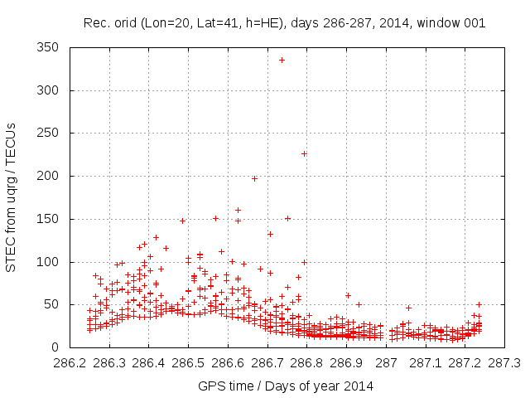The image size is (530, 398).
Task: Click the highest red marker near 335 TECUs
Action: tap(282, 60)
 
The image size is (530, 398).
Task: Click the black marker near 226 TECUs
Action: tap(304, 153)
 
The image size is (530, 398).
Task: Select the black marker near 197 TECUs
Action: tap(254, 178)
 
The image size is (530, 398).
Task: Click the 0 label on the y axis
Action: tap(59, 347)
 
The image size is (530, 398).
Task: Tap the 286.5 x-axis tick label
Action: tap(188, 363)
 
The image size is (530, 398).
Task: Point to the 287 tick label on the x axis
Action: tap(387, 363)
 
